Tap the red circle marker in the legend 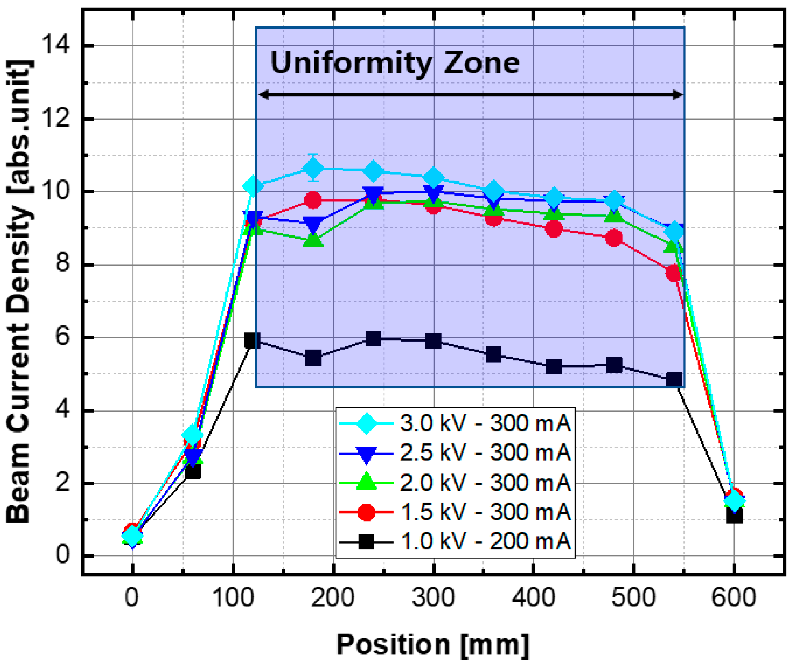click(x=366, y=512)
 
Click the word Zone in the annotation click(x=481, y=63)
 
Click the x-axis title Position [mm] click(x=433, y=645)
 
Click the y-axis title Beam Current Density click(x=19, y=294)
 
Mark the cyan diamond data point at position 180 click(x=313, y=168)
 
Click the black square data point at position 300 click(x=433, y=341)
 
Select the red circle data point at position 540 click(x=673, y=273)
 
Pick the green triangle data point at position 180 click(x=313, y=240)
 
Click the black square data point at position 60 click(x=193, y=472)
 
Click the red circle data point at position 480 click(x=614, y=238)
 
